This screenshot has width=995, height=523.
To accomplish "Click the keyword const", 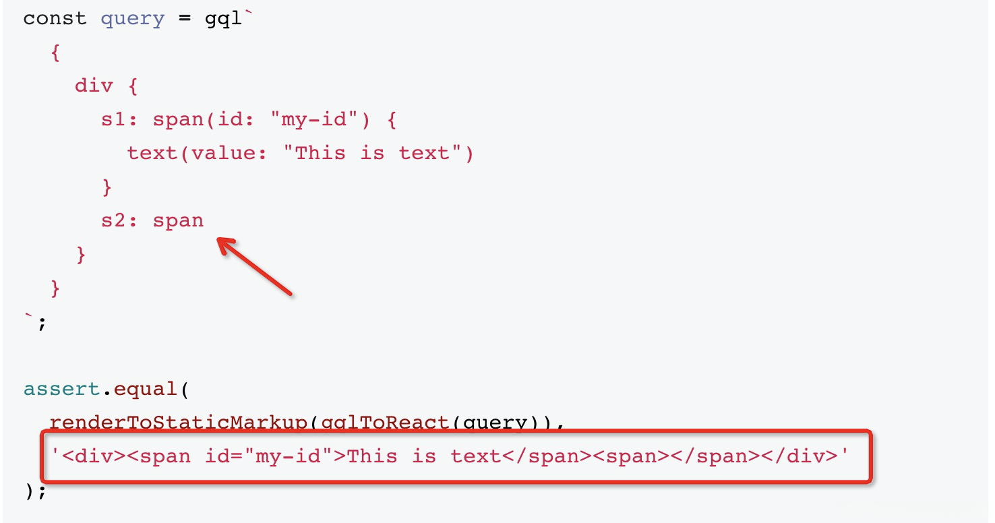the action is tap(55, 18).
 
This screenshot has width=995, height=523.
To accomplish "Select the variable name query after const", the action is tap(132, 18).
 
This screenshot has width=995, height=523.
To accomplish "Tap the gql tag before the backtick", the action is tap(222, 18).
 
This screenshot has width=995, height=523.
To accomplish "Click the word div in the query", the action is tap(94, 86).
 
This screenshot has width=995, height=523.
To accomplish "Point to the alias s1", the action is tap(113, 120).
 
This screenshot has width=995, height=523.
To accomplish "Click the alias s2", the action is tap(113, 221).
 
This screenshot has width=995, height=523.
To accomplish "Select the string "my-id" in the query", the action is tap(313, 120).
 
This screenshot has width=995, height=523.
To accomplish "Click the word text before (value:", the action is tap(152, 154).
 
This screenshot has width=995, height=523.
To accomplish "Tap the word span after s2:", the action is tap(178, 221).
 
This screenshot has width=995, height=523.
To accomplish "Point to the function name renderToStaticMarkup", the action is tap(178, 423).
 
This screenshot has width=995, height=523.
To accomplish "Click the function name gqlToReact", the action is tap(384, 423).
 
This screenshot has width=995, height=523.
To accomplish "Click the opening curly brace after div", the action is tap(132, 86).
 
